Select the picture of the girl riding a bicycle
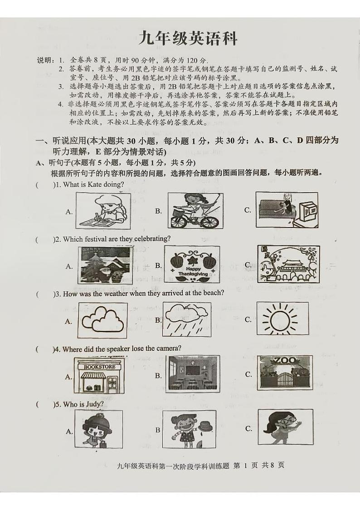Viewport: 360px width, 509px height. (195, 210)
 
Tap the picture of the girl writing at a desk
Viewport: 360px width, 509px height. (101, 209)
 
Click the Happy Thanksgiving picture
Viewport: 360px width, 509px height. (191, 265)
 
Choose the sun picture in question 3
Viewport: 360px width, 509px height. (282, 320)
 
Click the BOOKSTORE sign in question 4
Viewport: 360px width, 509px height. (99, 366)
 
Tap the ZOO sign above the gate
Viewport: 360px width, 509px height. (284, 361)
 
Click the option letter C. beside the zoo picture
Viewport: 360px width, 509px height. (248, 374)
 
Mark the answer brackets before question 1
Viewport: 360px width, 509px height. (44, 185)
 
